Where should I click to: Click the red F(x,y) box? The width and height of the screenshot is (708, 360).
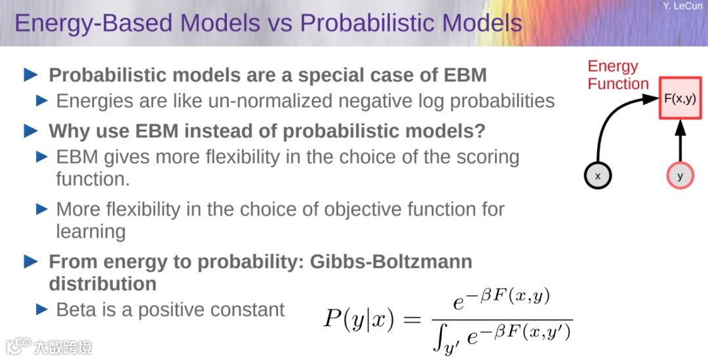(x=680, y=98)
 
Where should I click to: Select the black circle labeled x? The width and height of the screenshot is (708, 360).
(x=597, y=176)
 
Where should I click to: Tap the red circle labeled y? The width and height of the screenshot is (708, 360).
(x=680, y=176)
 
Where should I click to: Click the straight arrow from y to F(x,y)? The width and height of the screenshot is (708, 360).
(x=680, y=141)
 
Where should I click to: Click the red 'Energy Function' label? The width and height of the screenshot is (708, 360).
(x=618, y=75)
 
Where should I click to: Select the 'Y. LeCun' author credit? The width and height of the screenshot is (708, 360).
(x=682, y=6)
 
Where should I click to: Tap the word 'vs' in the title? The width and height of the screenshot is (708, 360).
(x=280, y=24)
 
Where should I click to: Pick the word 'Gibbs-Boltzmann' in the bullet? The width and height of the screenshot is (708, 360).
(x=391, y=262)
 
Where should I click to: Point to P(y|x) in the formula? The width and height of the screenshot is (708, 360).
(x=359, y=319)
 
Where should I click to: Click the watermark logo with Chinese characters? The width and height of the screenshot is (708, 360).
(x=49, y=347)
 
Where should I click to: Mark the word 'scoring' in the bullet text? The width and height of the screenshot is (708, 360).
(x=488, y=157)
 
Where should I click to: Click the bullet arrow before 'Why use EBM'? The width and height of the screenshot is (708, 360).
(x=30, y=131)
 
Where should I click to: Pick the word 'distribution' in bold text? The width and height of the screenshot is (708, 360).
(x=102, y=284)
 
